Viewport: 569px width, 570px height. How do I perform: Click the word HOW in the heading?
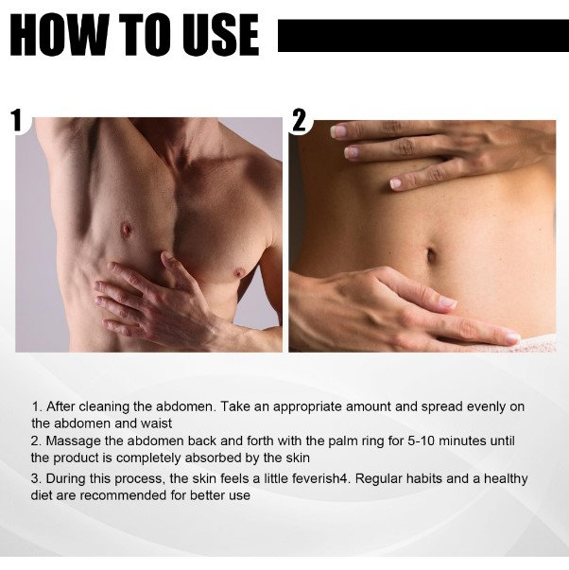pyautogui.click(x=59, y=35)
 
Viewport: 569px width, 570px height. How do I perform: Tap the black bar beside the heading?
pyautogui.click(x=423, y=36)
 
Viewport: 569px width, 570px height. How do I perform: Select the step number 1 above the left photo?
pyautogui.click(x=17, y=120)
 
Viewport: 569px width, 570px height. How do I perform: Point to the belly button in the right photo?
pyautogui.click(x=431, y=254)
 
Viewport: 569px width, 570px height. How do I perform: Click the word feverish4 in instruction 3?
pyautogui.click(x=307, y=478)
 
